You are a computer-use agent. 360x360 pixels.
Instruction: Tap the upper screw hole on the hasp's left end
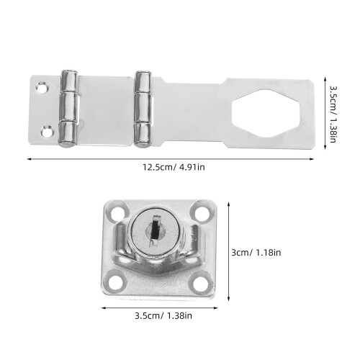coord(42,88)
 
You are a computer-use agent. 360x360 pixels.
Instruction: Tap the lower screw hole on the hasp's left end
coord(46,131)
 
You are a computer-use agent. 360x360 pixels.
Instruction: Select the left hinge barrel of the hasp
coord(68,108)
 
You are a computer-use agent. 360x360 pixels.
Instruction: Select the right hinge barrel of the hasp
coord(143,109)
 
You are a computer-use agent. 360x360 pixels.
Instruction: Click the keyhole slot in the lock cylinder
coord(156,228)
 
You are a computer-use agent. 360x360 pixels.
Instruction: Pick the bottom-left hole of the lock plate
coord(116,283)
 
